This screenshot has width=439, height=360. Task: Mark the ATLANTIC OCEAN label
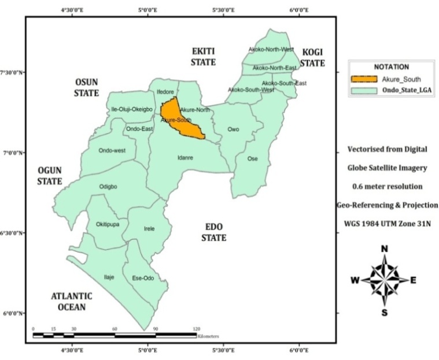[x=71, y=301]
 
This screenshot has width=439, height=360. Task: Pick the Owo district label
[x=233, y=129]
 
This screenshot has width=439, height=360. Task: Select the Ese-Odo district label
[x=143, y=277]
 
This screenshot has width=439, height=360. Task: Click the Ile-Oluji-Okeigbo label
[x=131, y=109]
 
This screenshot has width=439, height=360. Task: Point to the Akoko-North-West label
[x=271, y=50]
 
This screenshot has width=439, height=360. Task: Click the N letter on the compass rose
[x=384, y=249]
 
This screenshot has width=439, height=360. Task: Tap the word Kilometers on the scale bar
[x=208, y=336]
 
